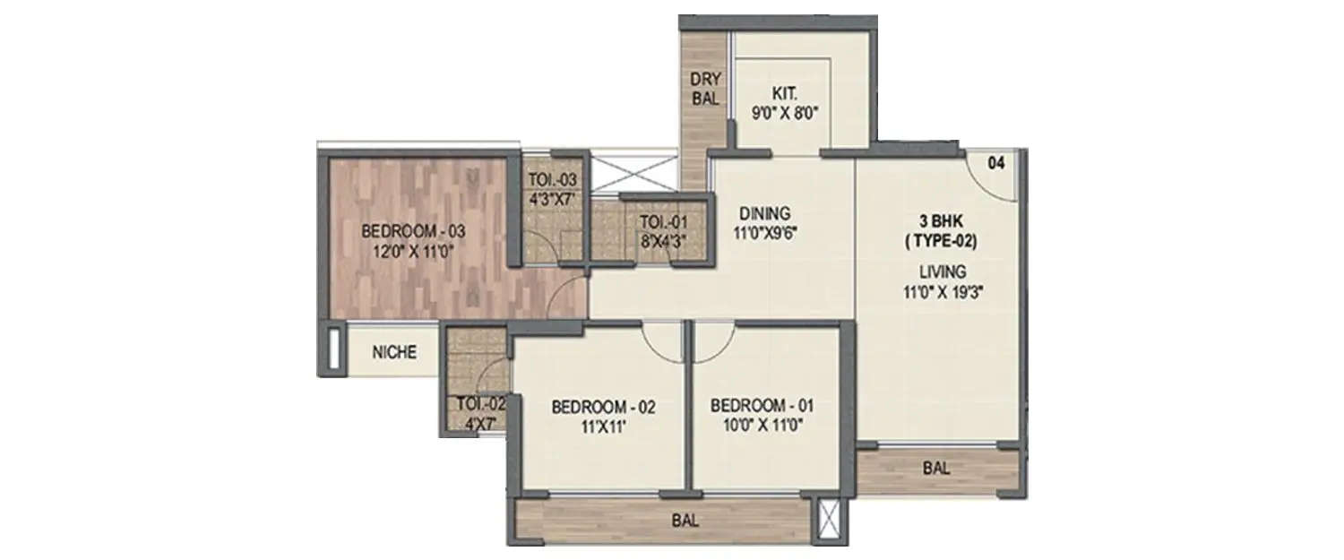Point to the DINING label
point(764,213)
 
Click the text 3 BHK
point(940,220)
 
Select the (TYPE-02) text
point(940,241)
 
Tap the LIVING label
point(940,271)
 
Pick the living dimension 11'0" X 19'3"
point(940,290)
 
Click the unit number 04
point(996,163)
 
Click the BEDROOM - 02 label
point(603,407)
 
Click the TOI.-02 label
point(480,403)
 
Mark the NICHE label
point(395,352)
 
